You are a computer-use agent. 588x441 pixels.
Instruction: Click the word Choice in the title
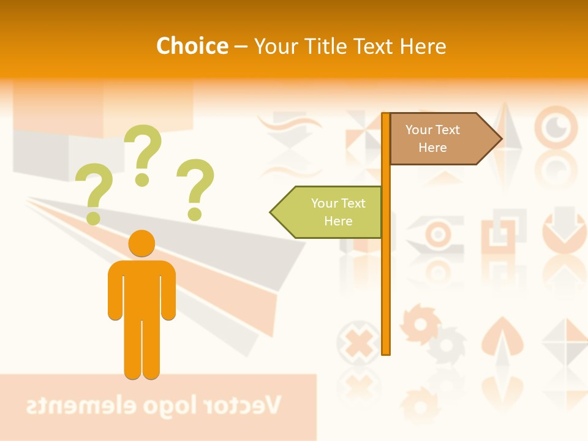click(x=192, y=46)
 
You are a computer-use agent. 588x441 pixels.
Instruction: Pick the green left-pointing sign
click(x=334, y=212)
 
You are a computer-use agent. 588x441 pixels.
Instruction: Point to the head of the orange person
click(x=141, y=243)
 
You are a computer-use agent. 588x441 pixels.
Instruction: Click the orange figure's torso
click(x=141, y=288)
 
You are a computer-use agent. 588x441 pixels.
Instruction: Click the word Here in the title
click(x=422, y=46)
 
